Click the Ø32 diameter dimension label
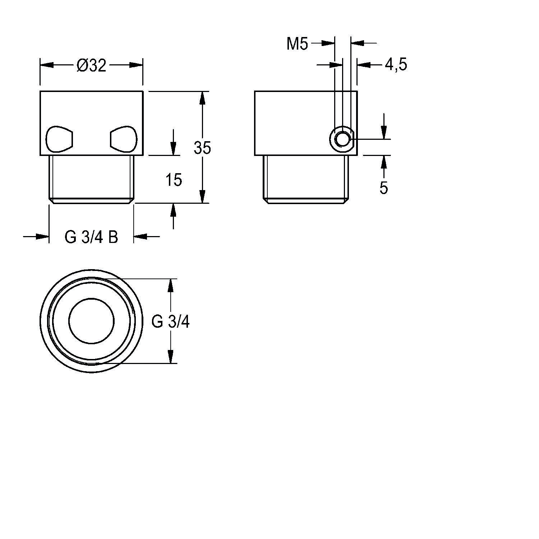pyautogui.click(x=92, y=65)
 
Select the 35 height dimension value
pyautogui.click(x=202, y=148)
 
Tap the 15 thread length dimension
pyautogui.click(x=174, y=180)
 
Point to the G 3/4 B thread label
pyautogui.click(x=91, y=237)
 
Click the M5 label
pyautogui.click(x=298, y=44)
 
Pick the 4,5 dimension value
pyautogui.click(x=396, y=65)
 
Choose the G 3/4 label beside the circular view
pyautogui.click(x=170, y=322)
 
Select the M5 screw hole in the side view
pyautogui.click(x=342, y=139)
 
